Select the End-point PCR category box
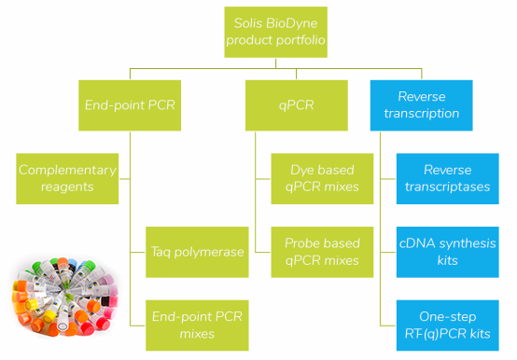128,104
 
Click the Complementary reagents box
67,178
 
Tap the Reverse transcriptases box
447,178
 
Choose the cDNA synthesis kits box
447,251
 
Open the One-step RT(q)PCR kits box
447,324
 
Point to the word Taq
164,251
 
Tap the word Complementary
67,170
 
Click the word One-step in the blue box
447,315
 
